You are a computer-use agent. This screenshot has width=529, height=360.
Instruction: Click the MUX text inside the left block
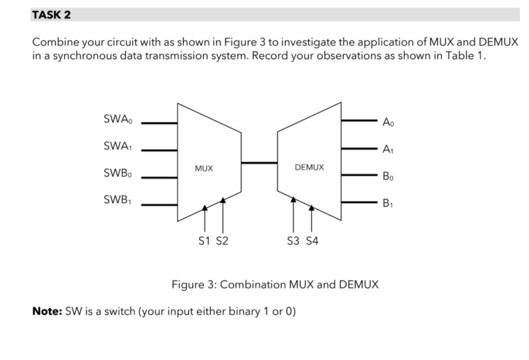click(205, 168)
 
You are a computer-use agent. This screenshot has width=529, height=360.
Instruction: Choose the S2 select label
click(222, 241)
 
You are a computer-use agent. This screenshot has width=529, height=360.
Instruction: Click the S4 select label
click(312, 241)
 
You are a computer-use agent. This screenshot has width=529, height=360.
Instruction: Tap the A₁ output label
click(387, 149)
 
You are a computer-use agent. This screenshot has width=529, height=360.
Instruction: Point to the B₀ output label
click(387, 176)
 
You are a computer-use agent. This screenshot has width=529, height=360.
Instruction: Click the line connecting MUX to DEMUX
click(259, 163)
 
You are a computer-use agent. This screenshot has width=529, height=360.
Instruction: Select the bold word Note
click(46, 311)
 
